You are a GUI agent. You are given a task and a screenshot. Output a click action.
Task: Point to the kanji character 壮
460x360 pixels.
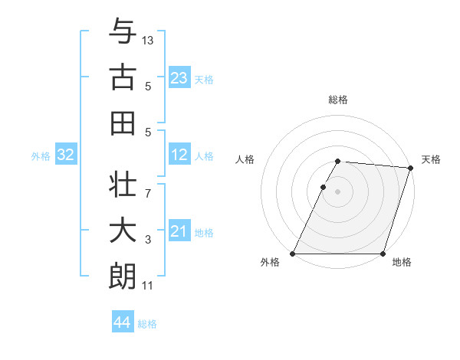[123, 185]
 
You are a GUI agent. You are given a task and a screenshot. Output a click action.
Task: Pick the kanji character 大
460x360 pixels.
[123, 231]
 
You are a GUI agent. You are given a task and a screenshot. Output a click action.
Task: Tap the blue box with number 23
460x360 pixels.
[179, 77]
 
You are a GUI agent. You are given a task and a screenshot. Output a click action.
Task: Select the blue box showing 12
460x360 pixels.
[179, 155]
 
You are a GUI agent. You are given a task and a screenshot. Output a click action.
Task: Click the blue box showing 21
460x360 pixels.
[179, 231]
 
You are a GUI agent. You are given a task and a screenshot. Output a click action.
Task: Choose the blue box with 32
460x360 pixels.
[65, 155]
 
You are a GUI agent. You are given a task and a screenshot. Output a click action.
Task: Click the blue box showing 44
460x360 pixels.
[122, 322]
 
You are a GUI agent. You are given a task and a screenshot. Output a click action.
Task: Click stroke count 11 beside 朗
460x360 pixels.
[148, 286]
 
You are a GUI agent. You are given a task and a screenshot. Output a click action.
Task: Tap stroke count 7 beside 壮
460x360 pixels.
[147, 186]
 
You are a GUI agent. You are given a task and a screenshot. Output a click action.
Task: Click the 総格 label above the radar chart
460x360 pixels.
[338, 100]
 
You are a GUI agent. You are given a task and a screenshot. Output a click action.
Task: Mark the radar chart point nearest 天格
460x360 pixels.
[410, 169]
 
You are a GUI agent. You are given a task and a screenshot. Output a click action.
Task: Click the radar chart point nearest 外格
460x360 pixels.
[293, 254]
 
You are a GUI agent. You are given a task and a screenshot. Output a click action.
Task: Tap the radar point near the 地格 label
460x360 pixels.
[383, 254]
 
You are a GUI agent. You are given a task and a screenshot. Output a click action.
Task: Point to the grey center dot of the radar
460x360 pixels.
[338, 191]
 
